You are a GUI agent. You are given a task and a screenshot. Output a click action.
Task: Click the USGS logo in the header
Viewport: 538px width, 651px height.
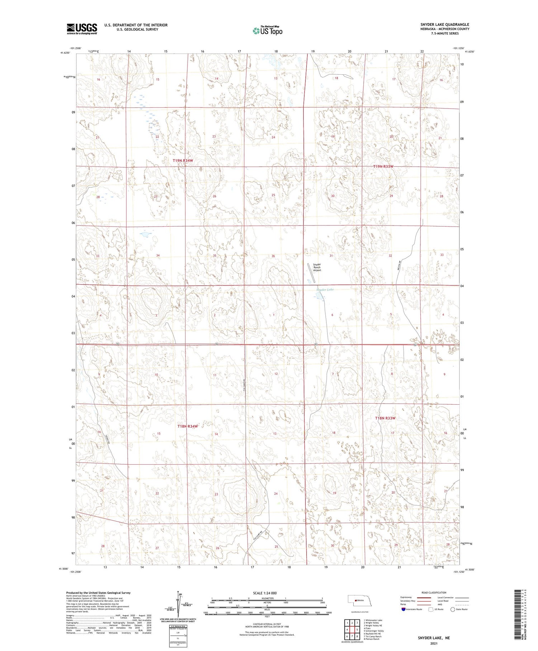(82, 29)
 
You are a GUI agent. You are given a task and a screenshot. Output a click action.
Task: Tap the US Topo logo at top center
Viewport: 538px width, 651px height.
(267, 31)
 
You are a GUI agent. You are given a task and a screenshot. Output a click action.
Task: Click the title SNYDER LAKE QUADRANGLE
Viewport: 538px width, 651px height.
(444, 24)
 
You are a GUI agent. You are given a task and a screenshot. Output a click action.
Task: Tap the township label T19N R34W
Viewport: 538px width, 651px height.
(183, 161)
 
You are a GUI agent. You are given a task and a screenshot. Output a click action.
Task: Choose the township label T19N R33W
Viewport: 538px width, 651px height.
(383, 167)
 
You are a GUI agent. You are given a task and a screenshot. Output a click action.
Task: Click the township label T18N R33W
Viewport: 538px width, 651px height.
(385, 418)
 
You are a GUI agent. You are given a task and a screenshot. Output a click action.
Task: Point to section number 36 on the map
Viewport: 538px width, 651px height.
(273, 256)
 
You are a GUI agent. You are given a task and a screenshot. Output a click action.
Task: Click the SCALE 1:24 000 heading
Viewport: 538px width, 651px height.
(265, 593)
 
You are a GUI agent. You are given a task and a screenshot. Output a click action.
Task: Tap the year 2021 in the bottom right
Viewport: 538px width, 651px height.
(433, 643)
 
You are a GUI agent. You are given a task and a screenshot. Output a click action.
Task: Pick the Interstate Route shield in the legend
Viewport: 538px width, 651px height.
(403, 609)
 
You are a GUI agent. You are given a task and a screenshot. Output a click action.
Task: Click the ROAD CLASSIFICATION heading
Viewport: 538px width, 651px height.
(434, 592)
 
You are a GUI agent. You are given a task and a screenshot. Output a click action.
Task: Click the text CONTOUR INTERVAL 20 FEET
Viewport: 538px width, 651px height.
(267, 624)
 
